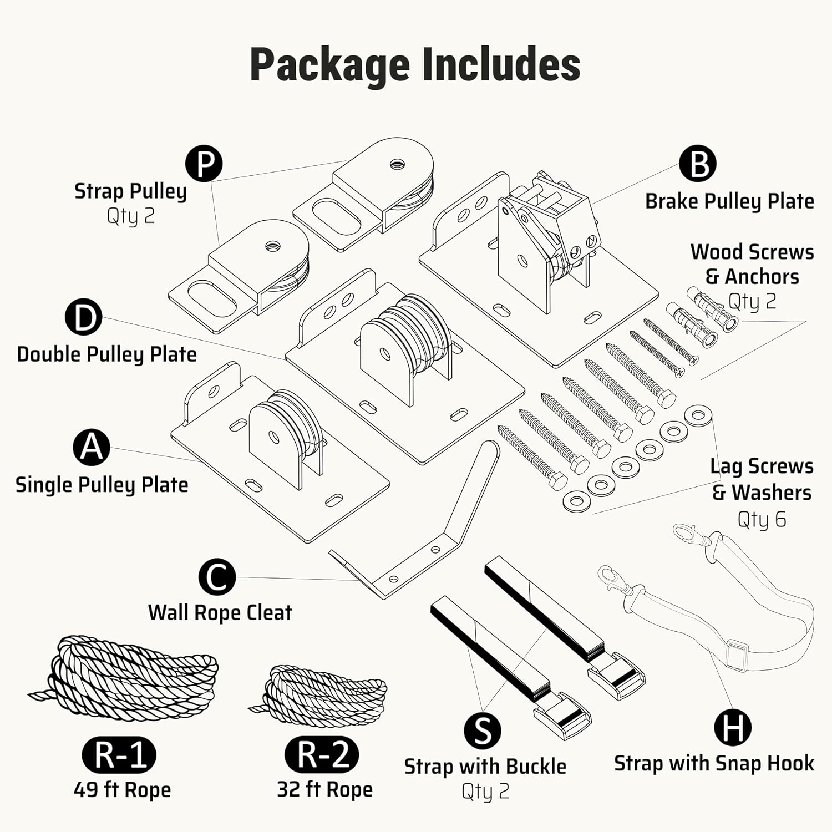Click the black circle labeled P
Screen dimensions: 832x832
click(x=204, y=164)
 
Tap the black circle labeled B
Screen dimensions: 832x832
click(x=698, y=164)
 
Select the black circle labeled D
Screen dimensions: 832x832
click(x=83, y=317)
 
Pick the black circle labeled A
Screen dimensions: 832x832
click(x=92, y=447)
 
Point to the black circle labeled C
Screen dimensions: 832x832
click(x=217, y=577)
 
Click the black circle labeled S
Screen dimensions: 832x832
click(x=483, y=730)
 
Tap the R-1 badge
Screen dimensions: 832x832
click(x=119, y=755)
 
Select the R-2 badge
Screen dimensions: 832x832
click(x=322, y=754)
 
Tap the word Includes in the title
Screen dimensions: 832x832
click(x=501, y=65)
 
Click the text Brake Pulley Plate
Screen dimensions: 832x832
click(x=729, y=201)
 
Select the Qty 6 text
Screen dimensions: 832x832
click(x=762, y=520)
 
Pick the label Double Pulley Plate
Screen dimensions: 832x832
click(x=106, y=354)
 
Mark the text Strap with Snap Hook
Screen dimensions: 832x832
click(x=714, y=764)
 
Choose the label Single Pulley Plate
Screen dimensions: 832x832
click(x=102, y=485)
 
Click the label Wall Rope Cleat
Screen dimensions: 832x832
click(x=220, y=612)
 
